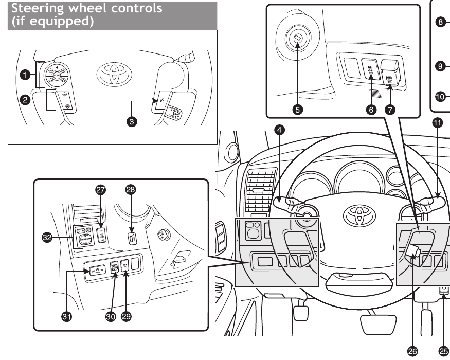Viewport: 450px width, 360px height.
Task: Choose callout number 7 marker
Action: (392, 110)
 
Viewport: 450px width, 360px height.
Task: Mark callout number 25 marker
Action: (441, 350)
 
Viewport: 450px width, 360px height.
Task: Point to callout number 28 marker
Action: (131, 190)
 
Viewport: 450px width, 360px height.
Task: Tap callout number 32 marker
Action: (46, 237)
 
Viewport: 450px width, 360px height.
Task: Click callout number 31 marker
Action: (66, 316)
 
